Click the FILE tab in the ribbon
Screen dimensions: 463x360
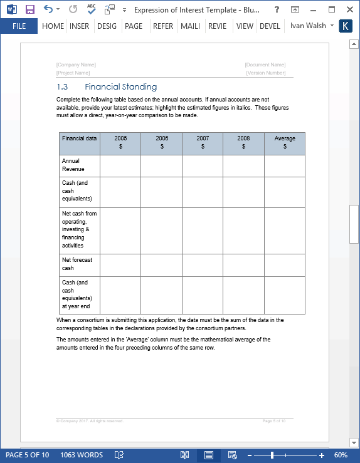[19, 26]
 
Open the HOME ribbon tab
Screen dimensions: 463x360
[53, 26]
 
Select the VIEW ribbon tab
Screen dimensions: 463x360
[245, 26]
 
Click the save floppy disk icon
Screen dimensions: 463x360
[29, 9]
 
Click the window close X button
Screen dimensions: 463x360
[349, 9]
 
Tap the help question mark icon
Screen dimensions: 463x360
[277, 9]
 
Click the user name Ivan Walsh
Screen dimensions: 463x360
[308, 26]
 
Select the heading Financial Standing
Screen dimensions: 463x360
[120, 87]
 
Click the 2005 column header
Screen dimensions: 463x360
[120, 142]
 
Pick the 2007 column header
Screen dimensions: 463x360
[203, 142]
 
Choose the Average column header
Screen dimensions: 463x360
[285, 142]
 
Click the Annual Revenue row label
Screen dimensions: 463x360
[73, 165]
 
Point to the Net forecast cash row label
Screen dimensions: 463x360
[77, 264]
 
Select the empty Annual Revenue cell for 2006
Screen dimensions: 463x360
[161, 166]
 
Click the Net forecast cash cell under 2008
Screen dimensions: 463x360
[243, 265]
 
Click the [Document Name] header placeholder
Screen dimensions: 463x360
[265, 65]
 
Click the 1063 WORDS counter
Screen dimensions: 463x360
[82, 455]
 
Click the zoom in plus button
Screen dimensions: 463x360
[322, 455]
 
